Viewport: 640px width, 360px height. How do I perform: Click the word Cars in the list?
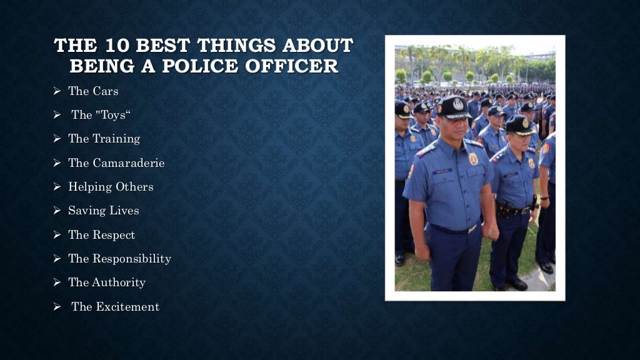[x=106, y=91]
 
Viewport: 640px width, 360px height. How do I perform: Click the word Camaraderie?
[x=129, y=163]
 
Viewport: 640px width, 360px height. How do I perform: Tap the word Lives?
[x=124, y=211]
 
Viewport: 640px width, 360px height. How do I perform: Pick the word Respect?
[x=114, y=235]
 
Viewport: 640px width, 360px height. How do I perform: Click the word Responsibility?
[x=132, y=259]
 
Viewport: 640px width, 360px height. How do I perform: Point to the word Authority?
[x=119, y=282]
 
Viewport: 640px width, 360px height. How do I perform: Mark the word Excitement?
[x=127, y=307]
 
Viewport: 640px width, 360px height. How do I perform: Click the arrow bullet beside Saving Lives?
[x=56, y=211]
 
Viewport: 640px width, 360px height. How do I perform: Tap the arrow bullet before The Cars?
[x=56, y=92]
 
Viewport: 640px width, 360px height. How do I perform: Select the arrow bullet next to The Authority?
[x=56, y=283]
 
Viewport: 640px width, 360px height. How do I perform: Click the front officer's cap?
[x=453, y=107]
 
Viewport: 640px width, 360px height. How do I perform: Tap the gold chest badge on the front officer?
[x=473, y=159]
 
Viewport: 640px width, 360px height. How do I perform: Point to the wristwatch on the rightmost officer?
[x=543, y=197]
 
